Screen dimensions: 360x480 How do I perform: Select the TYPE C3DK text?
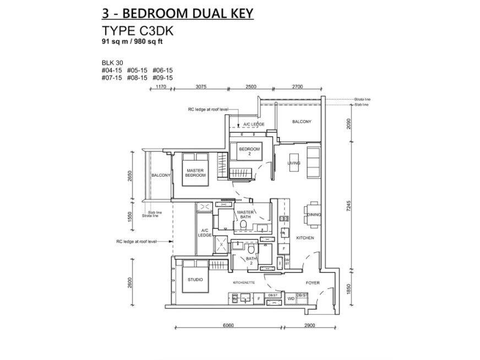pos(134,31)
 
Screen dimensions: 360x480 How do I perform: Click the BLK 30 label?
pos(111,63)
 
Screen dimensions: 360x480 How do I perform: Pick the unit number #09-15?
pos(162,78)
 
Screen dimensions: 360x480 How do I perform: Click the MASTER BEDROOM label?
pos(195,173)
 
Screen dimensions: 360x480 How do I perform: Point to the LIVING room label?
pos(293,163)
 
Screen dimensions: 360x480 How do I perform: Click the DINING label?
pos(314,215)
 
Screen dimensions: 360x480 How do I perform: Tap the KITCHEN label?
pos(305,238)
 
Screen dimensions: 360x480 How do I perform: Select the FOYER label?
pos(313,283)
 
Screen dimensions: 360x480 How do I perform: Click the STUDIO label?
pos(195,280)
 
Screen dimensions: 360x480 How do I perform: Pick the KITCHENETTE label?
pos(244,283)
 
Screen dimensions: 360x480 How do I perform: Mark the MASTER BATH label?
pos(244,215)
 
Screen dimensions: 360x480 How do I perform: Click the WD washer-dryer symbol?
pos(290,298)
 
